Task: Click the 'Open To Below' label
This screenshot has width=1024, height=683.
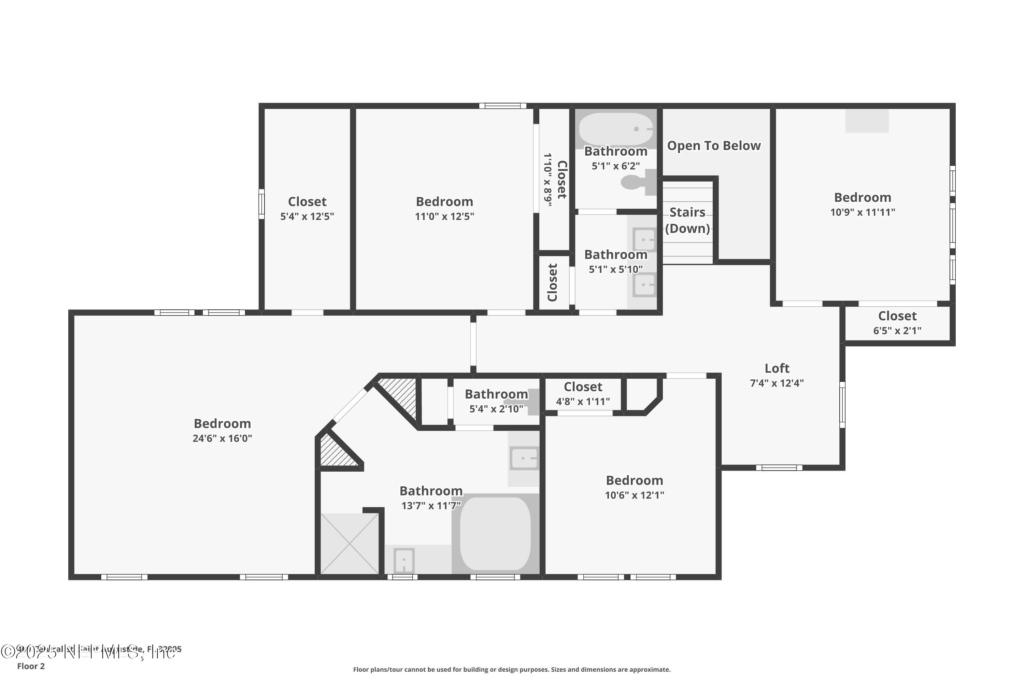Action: click(714, 145)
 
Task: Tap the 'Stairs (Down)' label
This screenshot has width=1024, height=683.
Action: click(687, 220)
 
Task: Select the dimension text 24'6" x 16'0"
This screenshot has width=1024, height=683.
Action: click(222, 438)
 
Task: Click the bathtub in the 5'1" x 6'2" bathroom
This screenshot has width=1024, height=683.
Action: click(616, 129)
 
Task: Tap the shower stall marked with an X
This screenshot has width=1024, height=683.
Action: click(350, 544)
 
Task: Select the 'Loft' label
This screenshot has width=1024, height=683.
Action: click(777, 368)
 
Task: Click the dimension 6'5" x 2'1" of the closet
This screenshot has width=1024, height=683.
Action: click(897, 331)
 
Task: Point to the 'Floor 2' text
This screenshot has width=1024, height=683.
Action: click(31, 666)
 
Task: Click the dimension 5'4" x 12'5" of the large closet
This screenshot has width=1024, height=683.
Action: click(307, 216)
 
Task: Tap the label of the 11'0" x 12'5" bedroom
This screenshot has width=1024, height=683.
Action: click(444, 202)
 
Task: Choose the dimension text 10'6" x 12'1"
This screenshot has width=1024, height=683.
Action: click(634, 495)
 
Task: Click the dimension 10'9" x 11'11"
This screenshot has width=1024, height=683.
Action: click(863, 212)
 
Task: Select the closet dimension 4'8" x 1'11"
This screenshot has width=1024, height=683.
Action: click(583, 402)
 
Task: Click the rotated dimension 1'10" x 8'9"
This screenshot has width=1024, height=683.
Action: click(547, 180)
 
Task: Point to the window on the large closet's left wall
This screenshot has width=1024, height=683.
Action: click(262, 204)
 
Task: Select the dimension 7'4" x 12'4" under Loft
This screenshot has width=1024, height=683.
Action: click(777, 383)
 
